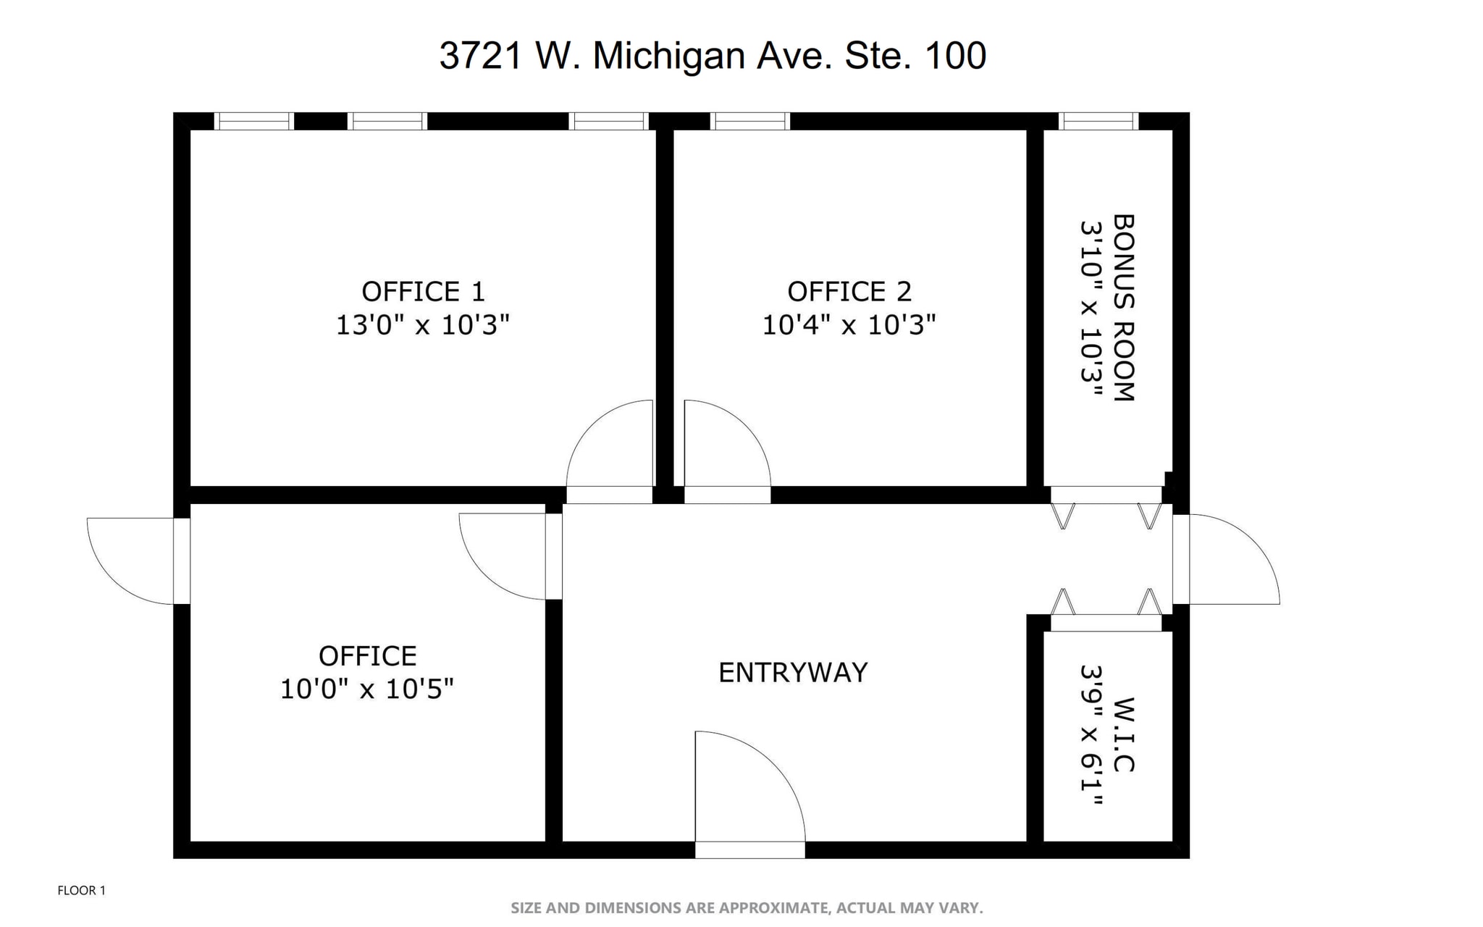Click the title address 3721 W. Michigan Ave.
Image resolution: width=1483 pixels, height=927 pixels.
pos(713,56)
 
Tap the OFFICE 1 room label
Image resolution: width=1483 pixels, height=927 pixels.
pos(423,292)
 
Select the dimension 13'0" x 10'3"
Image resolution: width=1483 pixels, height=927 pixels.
pos(423,325)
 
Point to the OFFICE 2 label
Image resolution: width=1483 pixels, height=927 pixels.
pos(849,292)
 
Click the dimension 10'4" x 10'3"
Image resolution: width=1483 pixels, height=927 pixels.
pos(849,325)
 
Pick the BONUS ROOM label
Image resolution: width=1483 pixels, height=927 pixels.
pos(1124,308)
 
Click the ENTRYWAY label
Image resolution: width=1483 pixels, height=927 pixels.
pos(793,673)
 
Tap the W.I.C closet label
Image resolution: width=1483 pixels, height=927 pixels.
pos(1124,735)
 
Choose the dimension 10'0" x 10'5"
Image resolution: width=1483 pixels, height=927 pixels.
pos(367,689)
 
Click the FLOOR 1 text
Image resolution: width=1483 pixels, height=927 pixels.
pos(82,891)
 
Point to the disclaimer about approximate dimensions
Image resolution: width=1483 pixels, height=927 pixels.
pos(747,908)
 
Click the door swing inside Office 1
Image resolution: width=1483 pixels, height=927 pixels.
pos(612,445)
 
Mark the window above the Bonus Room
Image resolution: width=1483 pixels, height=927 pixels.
pos(1098,121)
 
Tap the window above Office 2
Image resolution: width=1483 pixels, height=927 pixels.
pos(750,121)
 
